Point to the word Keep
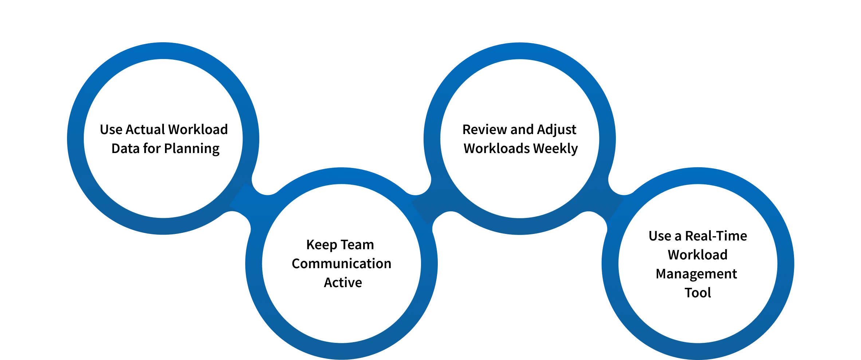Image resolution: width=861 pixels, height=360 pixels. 322,245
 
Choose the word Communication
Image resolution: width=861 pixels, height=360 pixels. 341,264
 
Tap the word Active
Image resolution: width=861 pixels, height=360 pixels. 343,283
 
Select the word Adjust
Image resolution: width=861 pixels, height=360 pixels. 556,130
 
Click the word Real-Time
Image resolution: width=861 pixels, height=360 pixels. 716,236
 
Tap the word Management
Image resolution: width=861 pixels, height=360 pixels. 696,274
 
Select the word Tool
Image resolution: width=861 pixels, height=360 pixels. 697,293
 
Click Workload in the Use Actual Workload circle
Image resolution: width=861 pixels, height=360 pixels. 198,130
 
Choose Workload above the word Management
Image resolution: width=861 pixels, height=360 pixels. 697,255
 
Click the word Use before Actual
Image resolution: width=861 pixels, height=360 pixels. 111,130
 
